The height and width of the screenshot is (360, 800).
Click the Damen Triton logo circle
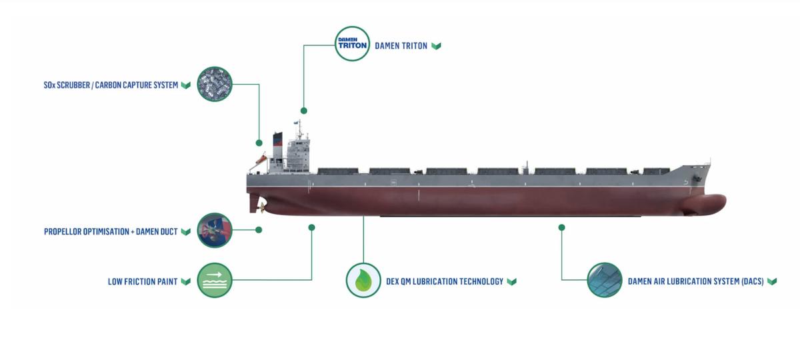pos(352,44)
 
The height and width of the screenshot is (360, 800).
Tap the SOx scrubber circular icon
pos(215,85)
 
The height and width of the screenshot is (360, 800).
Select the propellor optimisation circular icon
pos(215,231)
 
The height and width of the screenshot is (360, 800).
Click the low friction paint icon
pos(215,281)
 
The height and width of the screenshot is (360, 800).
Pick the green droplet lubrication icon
pos(363,280)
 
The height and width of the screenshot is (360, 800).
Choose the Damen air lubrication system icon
pos(605,280)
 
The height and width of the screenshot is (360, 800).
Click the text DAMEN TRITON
pos(401,46)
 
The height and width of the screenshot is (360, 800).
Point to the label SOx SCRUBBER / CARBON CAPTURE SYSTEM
pos(111,85)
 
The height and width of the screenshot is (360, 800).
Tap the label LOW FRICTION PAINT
pos(143,281)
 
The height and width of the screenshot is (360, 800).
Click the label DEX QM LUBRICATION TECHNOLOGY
pos(445,281)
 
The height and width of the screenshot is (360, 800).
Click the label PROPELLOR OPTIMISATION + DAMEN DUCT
pos(111,232)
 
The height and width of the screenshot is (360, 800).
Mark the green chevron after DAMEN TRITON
pos(436,46)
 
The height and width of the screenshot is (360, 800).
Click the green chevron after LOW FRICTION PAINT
pos(185,281)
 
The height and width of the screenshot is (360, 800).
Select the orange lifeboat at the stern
pos(261,159)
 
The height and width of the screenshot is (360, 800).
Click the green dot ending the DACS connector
pos(561,227)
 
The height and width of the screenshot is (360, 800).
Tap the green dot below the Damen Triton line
pos(304,111)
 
